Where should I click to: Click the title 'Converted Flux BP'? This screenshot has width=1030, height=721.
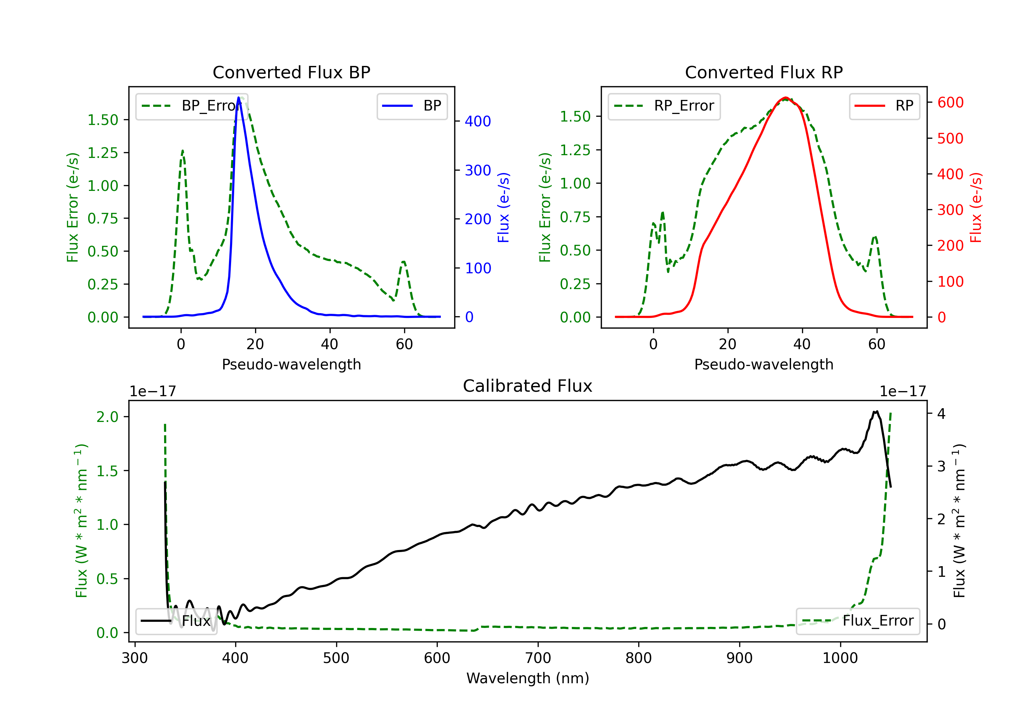[x=291, y=72]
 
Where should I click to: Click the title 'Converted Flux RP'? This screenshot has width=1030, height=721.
[x=764, y=72]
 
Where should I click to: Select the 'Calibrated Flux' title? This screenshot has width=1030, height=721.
[x=528, y=386]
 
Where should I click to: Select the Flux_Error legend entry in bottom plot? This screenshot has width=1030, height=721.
[x=858, y=621]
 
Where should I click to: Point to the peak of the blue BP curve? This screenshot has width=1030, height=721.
[x=239, y=98]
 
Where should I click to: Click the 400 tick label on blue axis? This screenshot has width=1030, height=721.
[x=478, y=121]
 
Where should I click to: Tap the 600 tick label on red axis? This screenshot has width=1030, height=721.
[x=950, y=102]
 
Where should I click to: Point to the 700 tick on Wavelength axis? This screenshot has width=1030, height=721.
[x=538, y=658]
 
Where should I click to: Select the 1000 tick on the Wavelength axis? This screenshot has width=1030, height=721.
[x=840, y=658]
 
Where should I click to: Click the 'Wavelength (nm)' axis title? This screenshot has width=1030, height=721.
[x=528, y=678]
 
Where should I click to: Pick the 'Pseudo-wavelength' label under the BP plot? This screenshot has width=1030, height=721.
[x=291, y=364]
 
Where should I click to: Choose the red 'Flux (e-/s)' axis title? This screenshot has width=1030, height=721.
[x=976, y=208]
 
